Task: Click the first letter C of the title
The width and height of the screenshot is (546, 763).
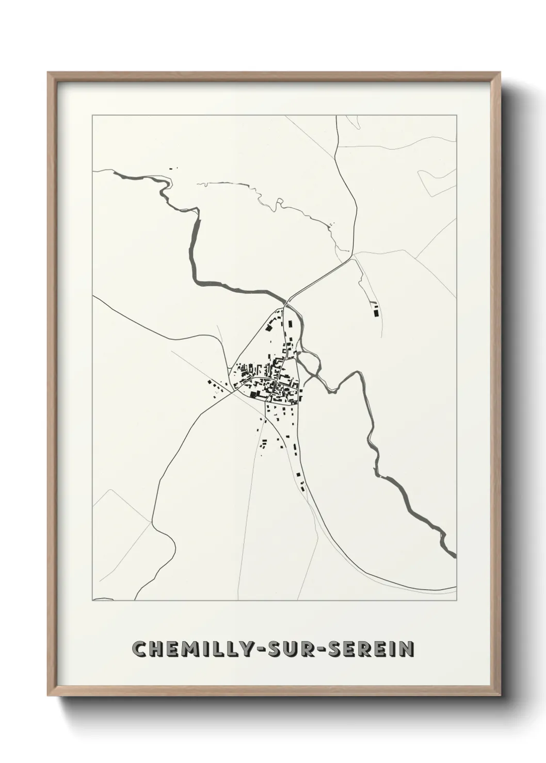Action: (x=139, y=649)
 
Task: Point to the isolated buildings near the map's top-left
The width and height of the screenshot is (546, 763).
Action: (x=172, y=168)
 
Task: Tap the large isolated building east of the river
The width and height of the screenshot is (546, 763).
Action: (x=376, y=311)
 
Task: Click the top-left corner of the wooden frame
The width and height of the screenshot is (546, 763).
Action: (x=49, y=73)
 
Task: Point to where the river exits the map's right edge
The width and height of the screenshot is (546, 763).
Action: (x=454, y=556)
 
